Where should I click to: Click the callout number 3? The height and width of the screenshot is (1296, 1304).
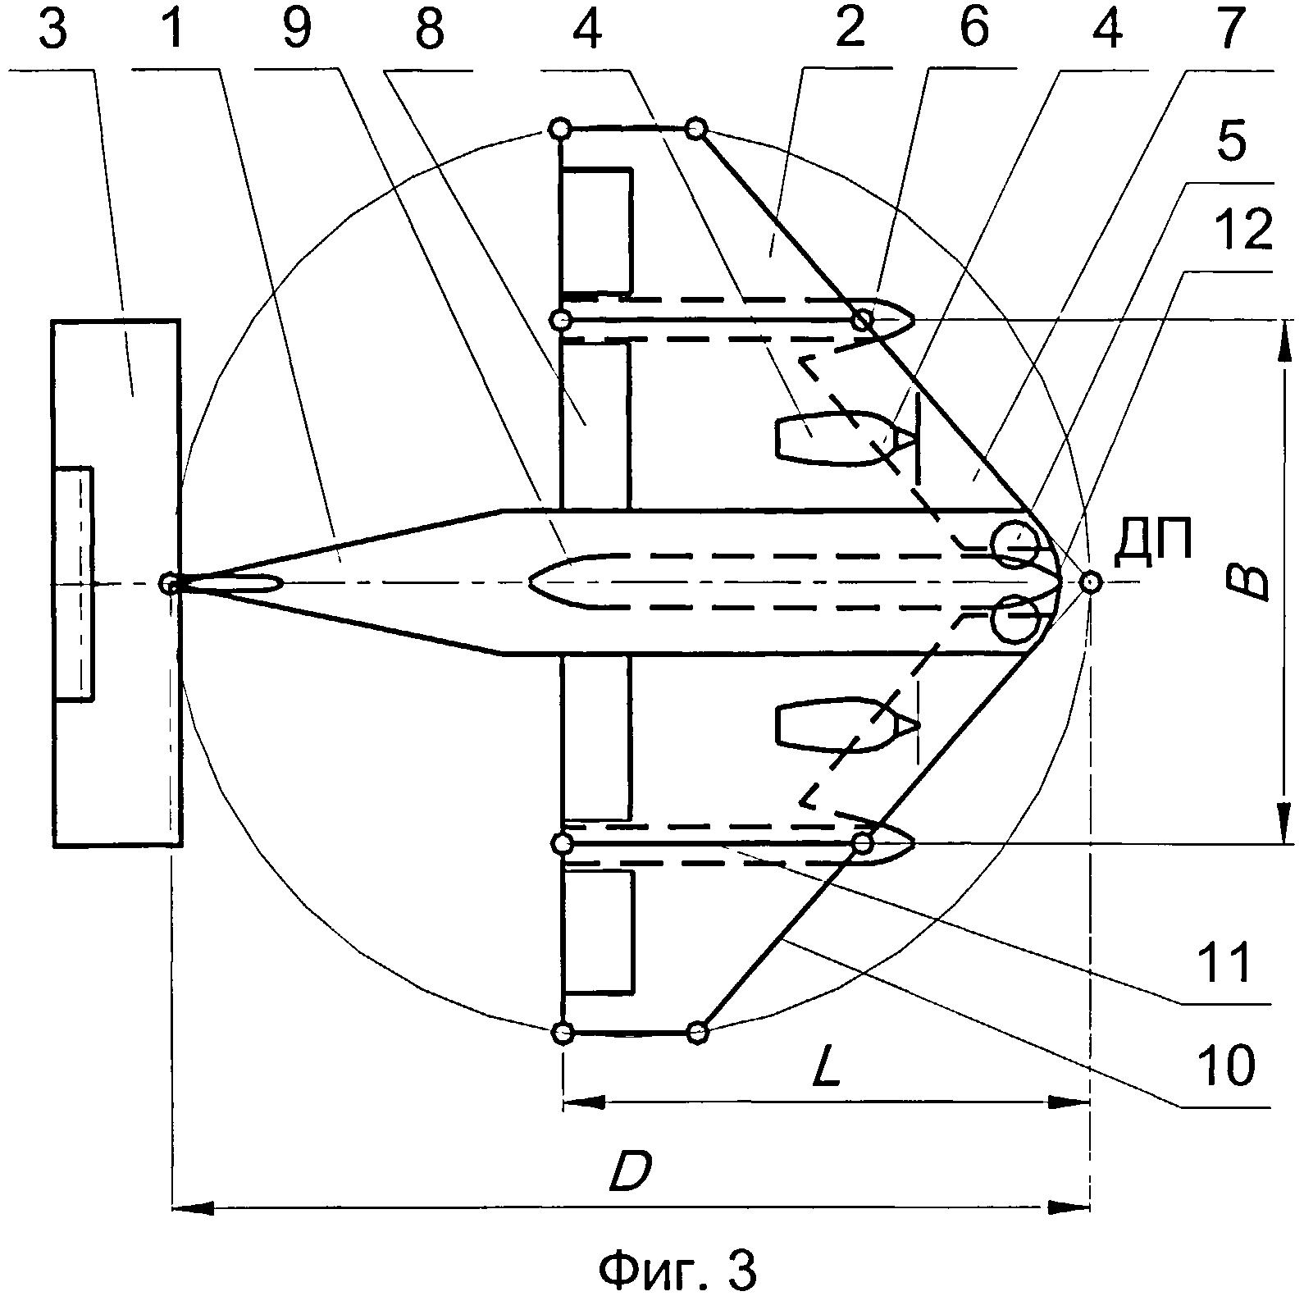50,30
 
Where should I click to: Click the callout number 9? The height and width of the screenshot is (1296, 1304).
298,30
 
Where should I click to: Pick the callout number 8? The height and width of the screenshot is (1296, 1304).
428,30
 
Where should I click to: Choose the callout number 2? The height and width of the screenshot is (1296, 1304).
849,30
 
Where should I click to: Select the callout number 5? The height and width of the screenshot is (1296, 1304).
1230,141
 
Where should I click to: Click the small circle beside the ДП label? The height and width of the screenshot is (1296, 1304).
1089,582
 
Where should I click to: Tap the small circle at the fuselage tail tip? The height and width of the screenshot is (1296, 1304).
169,583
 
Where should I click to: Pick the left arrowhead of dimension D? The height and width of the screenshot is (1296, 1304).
193,1207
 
